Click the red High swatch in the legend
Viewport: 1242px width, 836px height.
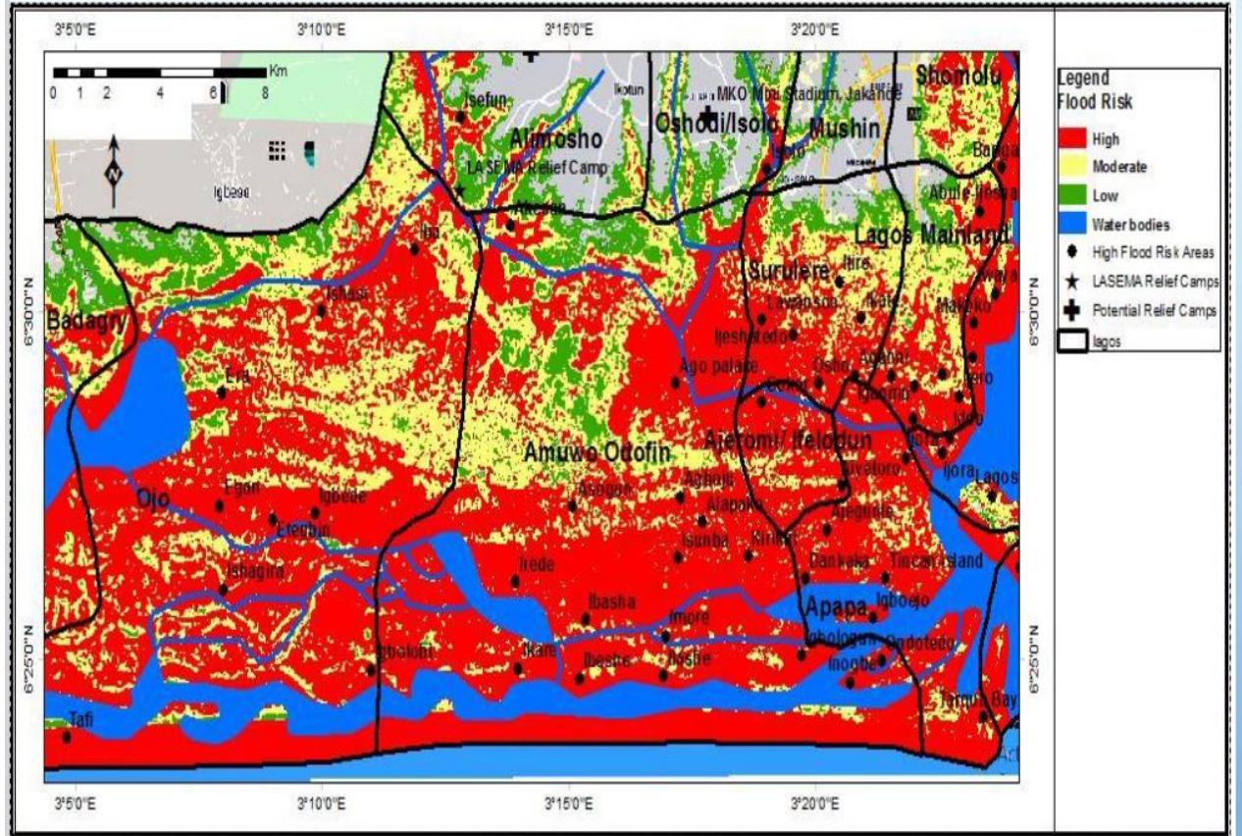pos(1073,141)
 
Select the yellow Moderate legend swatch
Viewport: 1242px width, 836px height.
pos(1073,169)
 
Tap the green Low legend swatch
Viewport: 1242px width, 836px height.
pos(1073,196)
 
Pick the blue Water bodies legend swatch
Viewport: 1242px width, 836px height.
pos(1073,224)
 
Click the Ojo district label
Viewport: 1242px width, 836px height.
pos(153,498)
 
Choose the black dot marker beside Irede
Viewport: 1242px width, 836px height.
pos(515,582)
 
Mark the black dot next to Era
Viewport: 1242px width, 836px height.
pos(222,392)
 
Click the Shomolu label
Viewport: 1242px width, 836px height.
pos(960,76)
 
